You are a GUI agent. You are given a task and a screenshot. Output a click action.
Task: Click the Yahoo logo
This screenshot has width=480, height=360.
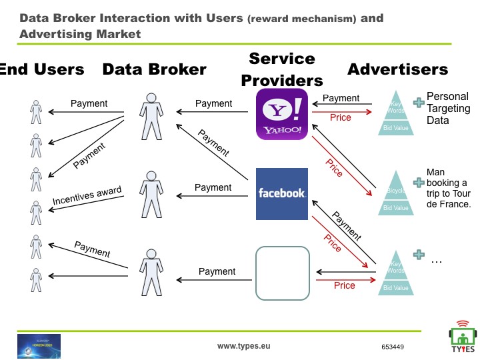[282, 115]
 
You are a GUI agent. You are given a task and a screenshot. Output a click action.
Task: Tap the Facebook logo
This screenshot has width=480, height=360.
[282, 193]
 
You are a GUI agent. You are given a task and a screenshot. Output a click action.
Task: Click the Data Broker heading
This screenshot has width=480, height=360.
[154, 69]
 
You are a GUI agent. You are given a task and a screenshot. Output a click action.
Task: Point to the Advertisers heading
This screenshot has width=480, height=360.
[397, 69]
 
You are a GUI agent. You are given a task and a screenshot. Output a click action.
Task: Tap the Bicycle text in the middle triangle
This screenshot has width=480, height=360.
[396, 192]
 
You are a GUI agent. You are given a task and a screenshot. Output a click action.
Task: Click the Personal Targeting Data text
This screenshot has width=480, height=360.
[448, 108]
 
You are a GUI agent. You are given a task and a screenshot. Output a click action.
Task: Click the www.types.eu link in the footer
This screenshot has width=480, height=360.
[244, 347]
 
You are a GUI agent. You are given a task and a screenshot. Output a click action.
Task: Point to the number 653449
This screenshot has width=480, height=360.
[393, 347]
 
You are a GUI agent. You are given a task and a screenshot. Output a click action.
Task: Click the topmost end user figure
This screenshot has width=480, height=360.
[35, 110]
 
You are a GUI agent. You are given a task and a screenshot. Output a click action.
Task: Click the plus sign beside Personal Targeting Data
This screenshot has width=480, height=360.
[419, 102]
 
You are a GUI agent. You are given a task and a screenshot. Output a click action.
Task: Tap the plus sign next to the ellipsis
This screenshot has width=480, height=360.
[419, 255]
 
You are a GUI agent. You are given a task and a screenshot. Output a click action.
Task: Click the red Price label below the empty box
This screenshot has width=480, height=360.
[345, 285]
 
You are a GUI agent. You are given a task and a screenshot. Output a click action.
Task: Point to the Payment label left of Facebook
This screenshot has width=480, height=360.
[213, 188]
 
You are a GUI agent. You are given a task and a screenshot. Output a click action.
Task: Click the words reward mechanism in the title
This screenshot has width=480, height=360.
[301, 19]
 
